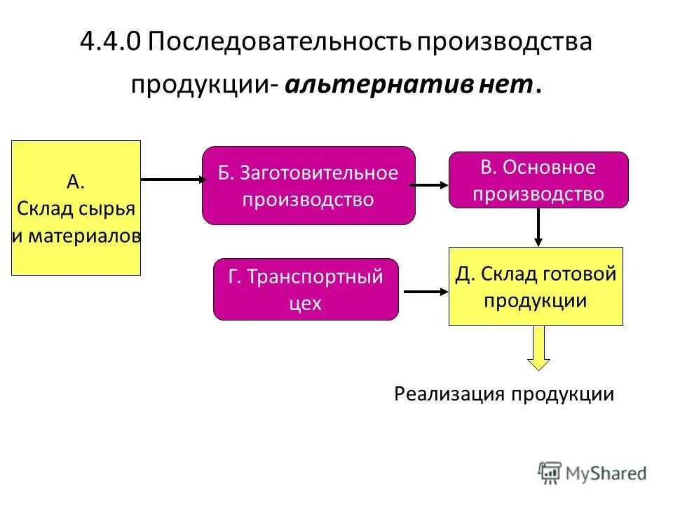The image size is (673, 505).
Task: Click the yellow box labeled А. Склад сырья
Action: [x=76, y=208]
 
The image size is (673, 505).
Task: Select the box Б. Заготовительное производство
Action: [x=308, y=185]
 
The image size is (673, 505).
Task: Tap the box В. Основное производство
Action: [x=538, y=180]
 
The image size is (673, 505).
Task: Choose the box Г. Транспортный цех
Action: [x=306, y=289]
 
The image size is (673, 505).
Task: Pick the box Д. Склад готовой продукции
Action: [x=536, y=286]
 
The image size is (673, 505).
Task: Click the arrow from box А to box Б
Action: [x=171, y=180]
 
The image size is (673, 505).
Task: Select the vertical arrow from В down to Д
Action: [x=538, y=227]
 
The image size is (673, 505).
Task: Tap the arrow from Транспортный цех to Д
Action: [x=423, y=291]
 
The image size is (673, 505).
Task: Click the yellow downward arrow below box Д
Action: [x=538, y=348]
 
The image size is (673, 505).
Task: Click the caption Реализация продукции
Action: [x=503, y=394]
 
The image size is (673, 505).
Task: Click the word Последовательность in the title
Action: [x=280, y=41]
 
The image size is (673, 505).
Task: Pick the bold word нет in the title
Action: [x=507, y=85]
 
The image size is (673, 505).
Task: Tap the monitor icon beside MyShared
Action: [x=550, y=473]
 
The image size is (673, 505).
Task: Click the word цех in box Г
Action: [x=305, y=304]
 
